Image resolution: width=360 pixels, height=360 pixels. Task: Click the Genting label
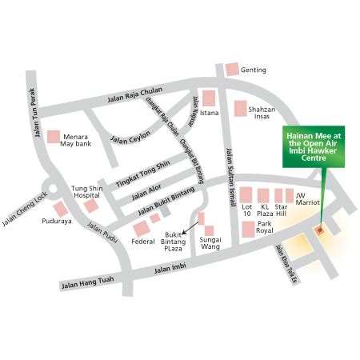pyautogui.click(x=254, y=70)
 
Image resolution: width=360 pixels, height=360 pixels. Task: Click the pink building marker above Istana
pyautogui.click(x=209, y=98)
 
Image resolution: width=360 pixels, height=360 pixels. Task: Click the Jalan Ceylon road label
pyautogui.click(x=130, y=138)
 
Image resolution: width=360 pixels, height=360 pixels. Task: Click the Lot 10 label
pyautogui.click(x=247, y=210)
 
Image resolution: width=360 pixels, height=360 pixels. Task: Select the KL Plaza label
pyautogui.click(x=266, y=210)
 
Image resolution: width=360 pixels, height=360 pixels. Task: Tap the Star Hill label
pyautogui.click(x=283, y=210)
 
